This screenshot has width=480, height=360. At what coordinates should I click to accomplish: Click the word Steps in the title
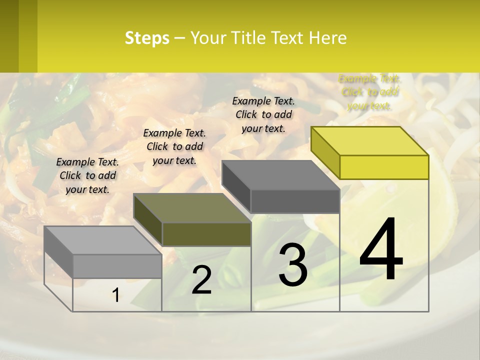click(x=147, y=38)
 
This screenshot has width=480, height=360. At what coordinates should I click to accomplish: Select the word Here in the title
click(x=328, y=38)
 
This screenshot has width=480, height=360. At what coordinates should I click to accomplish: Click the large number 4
click(x=381, y=250)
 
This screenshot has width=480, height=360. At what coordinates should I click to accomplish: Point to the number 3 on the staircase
click(x=293, y=265)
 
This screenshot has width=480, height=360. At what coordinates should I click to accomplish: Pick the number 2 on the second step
click(x=202, y=280)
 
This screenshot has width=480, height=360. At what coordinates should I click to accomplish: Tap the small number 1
click(x=116, y=295)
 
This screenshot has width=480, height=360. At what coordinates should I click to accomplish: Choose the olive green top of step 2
click(x=192, y=208)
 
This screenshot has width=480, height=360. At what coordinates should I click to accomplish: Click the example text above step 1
click(x=87, y=175)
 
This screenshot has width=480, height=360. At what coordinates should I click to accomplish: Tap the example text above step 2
click(x=174, y=146)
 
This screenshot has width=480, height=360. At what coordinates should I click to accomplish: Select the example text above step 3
click(x=263, y=114)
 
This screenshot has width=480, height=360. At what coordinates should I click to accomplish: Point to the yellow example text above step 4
click(x=370, y=92)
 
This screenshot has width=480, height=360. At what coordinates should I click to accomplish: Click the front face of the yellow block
click(x=384, y=167)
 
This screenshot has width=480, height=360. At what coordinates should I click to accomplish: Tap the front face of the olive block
click(x=206, y=234)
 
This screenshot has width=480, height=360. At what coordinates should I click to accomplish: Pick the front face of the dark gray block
click(x=295, y=201)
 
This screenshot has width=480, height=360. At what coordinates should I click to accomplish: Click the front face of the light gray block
click(x=117, y=266)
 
